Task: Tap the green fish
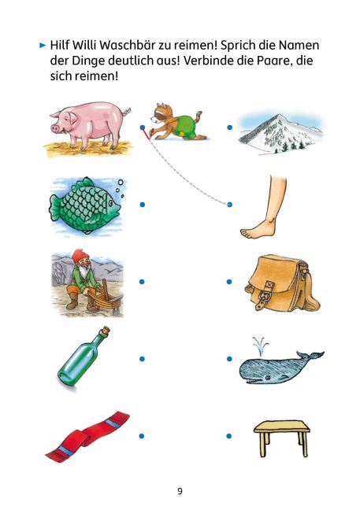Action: pos(85,205)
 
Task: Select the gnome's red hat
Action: pos(78,257)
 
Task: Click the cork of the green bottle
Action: pos(105,331)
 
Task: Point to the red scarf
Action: pos(87,436)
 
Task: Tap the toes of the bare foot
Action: pos(248,233)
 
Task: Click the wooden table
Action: pos(282,438)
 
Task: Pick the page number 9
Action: pos(180,491)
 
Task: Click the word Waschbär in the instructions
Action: pos(128,45)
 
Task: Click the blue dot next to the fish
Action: pos(143,205)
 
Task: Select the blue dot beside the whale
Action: pos(229,359)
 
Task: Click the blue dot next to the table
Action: pos(229,436)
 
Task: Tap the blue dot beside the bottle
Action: pos(142,359)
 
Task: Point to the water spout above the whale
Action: pos(259,344)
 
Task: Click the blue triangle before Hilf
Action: pos(43,45)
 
